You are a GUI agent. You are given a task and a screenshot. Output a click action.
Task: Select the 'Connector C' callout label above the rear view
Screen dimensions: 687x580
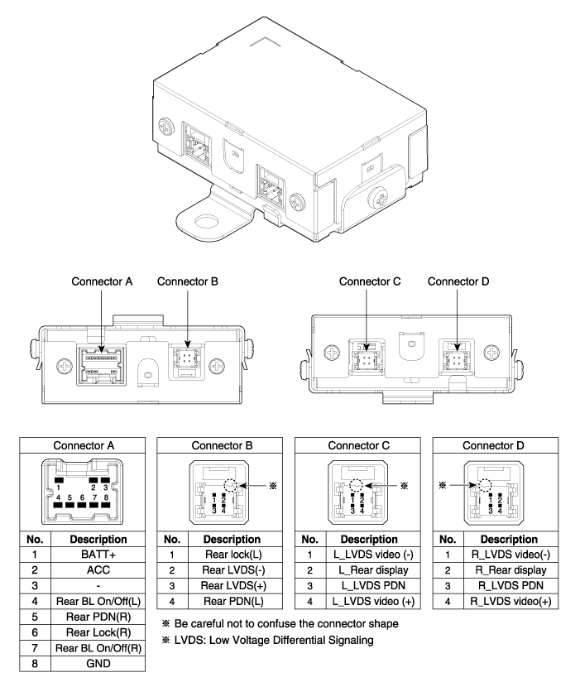pyautogui.click(x=370, y=281)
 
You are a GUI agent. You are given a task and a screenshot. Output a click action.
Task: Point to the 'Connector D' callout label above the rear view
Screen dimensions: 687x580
pyautogui.click(x=458, y=281)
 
